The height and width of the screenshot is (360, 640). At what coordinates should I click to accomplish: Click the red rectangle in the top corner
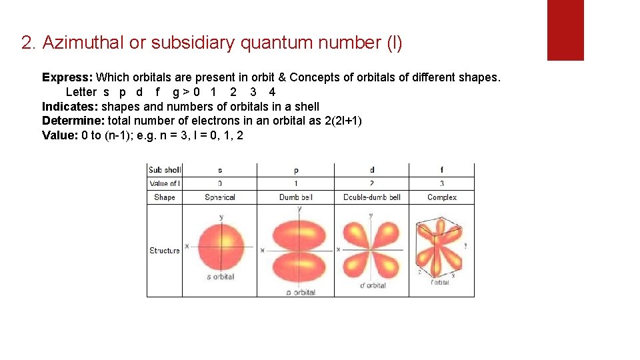(x=565, y=29)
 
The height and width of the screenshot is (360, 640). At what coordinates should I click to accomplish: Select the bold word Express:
(x=67, y=77)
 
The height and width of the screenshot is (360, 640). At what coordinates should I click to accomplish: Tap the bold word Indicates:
(x=70, y=107)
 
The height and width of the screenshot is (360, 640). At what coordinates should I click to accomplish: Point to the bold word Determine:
(x=73, y=121)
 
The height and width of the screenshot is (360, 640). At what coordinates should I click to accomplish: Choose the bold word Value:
(x=60, y=136)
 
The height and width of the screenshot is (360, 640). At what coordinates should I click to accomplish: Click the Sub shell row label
(x=165, y=170)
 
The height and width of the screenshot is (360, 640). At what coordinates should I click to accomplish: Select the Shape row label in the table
(x=165, y=197)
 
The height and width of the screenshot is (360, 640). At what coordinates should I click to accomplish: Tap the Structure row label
(x=165, y=251)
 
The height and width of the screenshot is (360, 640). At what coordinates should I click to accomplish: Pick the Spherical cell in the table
(x=220, y=197)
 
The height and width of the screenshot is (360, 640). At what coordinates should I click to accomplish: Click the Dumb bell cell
(x=296, y=197)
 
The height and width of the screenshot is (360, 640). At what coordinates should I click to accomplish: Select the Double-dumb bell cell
(x=372, y=197)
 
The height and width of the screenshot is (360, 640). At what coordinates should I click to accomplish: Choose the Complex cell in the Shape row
(x=442, y=197)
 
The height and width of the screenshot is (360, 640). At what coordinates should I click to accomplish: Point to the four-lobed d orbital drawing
(x=371, y=248)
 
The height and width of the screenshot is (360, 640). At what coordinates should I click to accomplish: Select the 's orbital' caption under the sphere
(x=220, y=277)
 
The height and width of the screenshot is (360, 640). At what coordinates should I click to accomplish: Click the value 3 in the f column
(x=442, y=183)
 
